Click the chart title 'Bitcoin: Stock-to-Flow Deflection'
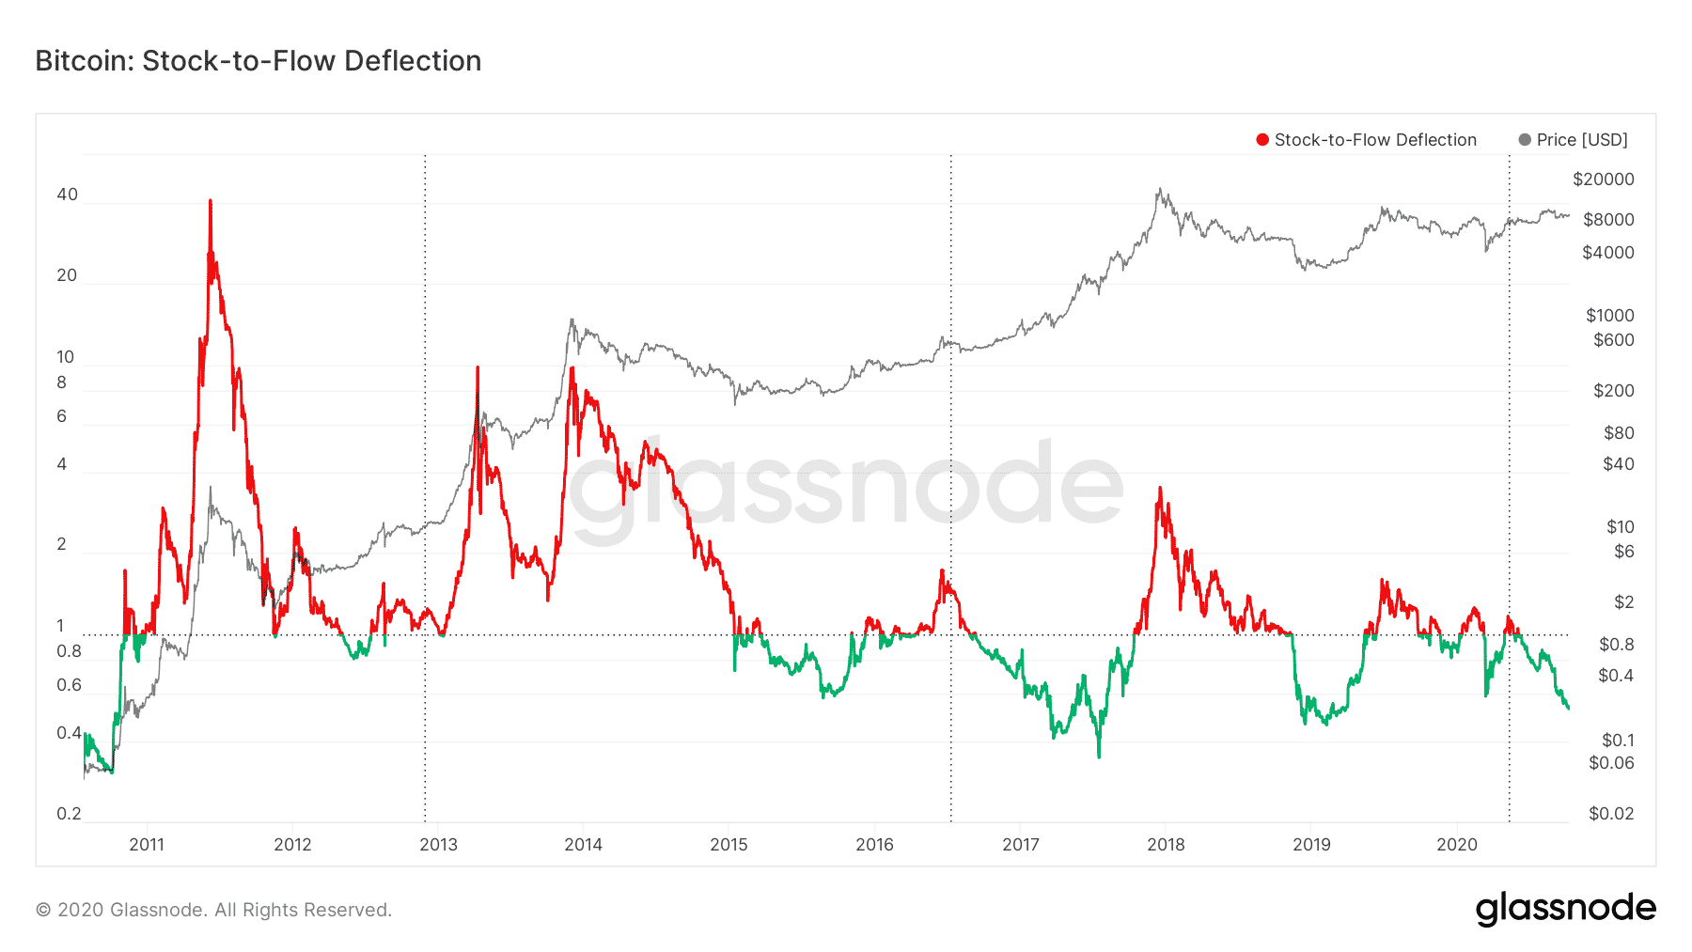[x=258, y=61]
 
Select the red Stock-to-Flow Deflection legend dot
[x=1262, y=140]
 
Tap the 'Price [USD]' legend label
[x=1582, y=140]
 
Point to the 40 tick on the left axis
[x=67, y=195]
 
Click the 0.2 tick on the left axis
[x=69, y=814]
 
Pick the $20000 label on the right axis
[x=1603, y=179]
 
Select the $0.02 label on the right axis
[x=1610, y=814]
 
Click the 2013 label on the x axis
[x=438, y=845]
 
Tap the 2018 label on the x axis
[x=1166, y=845]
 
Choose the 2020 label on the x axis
[x=1457, y=845]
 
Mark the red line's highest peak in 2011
[x=211, y=200]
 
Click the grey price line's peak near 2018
[x=1160, y=189]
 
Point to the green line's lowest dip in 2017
[x=1099, y=756]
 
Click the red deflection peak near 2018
[x=1160, y=488]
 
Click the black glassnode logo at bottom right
[x=1565, y=909]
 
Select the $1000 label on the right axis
[x=1609, y=315]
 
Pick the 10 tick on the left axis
[x=65, y=357]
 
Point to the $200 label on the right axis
[x=1613, y=390]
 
